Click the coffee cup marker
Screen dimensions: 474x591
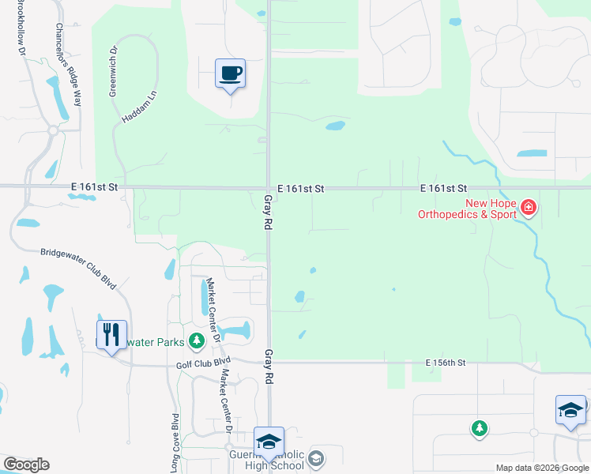click(x=231, y=74)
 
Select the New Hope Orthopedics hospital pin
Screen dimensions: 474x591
click(x=529, y=209)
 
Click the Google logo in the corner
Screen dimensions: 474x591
click(x=26, y=464)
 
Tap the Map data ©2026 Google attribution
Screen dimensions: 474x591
click(x=541, y=468)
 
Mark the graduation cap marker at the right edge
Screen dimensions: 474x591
click(x=570, y=410)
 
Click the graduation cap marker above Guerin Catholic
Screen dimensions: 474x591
click(x=269, y=442)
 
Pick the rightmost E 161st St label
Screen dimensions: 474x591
click(x=444, y=188)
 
